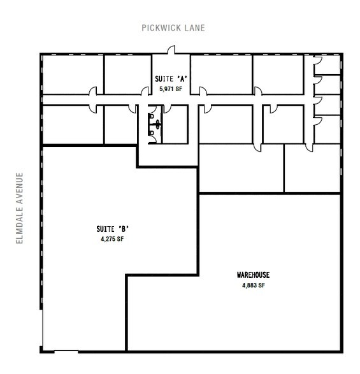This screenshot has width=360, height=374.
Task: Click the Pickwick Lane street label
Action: pos(173,28)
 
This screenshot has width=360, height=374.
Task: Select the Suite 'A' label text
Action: pos(170,80)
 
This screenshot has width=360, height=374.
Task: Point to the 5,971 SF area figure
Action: pos(170,90)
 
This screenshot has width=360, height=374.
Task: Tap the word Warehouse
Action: pos(253,275)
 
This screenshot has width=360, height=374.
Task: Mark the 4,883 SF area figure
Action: pos(253,285)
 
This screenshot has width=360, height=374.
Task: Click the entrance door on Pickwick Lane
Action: pos(170,51)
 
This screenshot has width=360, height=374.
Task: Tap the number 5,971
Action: pos(166,90)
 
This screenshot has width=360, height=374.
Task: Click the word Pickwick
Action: pos(161,28)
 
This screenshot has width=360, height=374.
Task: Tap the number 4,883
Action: pos(249,285)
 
